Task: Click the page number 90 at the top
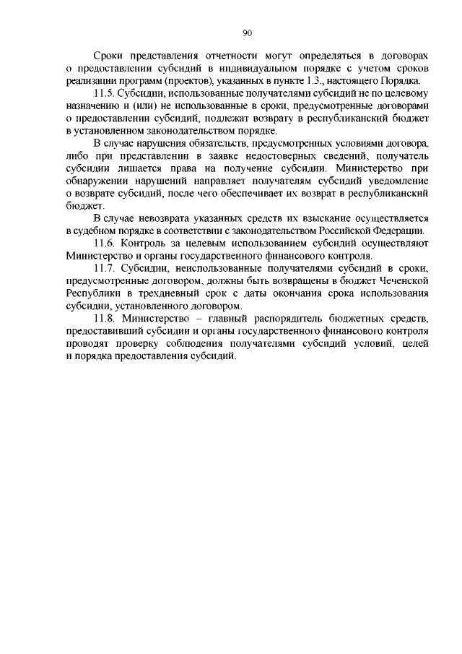click(x=247, y=33)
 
